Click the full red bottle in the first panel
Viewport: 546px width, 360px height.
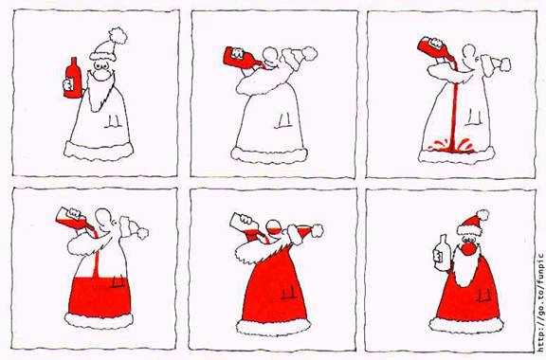[72, 78]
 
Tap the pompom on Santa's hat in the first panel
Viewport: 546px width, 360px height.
[118, 36]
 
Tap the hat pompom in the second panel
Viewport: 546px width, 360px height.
[309, 54]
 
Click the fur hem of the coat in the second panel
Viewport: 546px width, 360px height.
[269, 155]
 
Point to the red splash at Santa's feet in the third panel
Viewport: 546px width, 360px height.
[451, 146]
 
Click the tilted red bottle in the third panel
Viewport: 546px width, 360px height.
[436, 48]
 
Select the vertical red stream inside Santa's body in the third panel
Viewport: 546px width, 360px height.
[453, 115]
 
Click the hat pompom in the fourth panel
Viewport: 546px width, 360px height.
[142, 233]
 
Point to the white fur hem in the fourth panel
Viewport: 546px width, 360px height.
[99, 320]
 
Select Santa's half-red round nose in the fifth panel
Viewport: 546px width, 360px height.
[273, 228]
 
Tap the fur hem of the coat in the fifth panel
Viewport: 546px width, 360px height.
[273, 327]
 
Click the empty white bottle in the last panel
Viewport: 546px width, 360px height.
[441, 253]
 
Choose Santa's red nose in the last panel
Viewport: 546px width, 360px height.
[468, 249]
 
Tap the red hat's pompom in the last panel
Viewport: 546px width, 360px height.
[482, 215]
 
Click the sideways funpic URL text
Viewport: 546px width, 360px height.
[540, 302]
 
